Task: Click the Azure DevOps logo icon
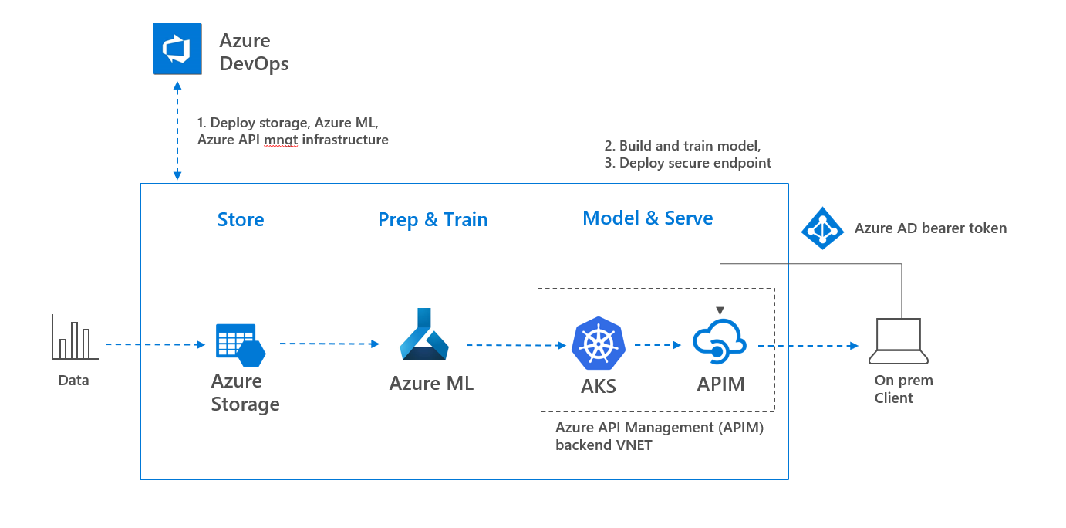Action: pos(177,49)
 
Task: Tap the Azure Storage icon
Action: pos(240,344)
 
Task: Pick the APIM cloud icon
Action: pos(719,342)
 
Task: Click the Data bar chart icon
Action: pos(75,337)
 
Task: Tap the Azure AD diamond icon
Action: pos(823,228)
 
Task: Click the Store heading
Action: pos(241,220)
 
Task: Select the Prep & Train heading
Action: pos(433,220)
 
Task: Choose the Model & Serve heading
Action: pos(647,218)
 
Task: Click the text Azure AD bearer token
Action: pos(930,228)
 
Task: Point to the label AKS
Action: pos(599,386)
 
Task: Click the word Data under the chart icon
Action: pos(73,381)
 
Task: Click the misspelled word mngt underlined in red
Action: pos(281,140)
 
